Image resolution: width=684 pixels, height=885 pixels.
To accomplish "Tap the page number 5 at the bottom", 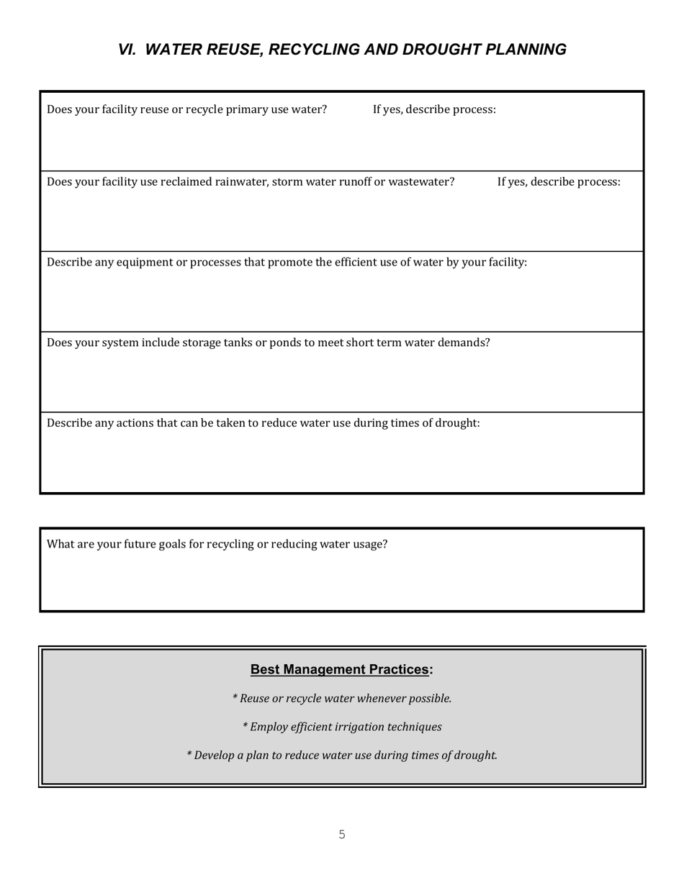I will (342, 835).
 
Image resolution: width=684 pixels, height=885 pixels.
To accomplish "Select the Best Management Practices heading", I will (341, 670).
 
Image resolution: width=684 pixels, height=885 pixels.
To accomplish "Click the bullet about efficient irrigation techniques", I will (342, 727).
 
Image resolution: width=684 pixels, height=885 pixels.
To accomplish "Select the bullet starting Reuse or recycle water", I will (342, 699).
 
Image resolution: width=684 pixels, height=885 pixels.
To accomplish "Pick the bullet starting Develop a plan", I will (342, 755).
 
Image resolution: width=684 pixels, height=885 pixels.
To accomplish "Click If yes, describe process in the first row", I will (434, 110).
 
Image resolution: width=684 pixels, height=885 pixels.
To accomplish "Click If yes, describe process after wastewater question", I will (559, 182).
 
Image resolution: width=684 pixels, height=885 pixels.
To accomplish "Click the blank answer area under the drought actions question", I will (342, 464).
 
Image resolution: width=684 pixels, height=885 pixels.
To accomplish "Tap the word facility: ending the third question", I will (507, 263).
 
